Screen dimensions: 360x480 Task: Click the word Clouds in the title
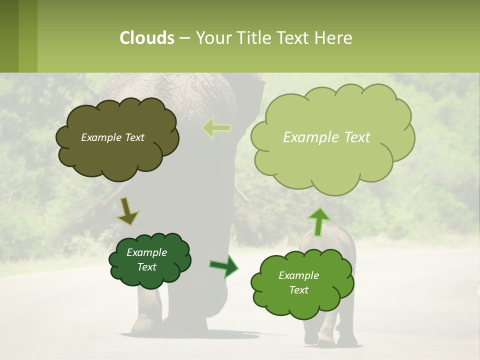[146, 38]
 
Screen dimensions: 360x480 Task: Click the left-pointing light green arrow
[216, 128]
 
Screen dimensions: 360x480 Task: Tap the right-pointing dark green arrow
[224, 266]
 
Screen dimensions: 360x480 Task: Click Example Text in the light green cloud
[326, 137]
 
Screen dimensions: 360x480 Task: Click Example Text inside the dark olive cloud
[112, 137]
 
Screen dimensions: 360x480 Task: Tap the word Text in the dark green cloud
[146, 267]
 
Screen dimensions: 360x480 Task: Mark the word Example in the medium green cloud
[298, 275]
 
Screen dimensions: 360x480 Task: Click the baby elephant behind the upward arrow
[340, 240]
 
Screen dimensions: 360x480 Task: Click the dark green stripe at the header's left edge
[9, 36]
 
